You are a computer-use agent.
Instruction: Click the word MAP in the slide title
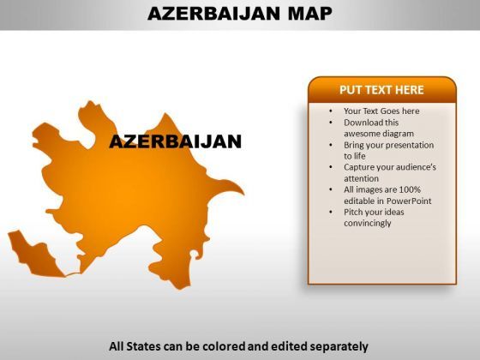point(310,14)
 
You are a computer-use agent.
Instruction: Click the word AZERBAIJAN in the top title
point(213,14)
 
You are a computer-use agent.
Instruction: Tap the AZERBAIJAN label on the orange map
point(176,141)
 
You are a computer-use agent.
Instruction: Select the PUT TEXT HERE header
point(381,90)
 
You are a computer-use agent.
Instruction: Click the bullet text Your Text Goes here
point(381,111)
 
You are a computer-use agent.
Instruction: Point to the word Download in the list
point(363,123)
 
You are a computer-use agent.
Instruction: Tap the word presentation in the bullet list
point(408,145)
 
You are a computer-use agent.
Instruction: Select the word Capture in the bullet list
point(359,167)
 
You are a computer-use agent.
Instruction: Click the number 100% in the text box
point(410,189)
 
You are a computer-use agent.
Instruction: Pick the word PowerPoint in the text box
point(409,201)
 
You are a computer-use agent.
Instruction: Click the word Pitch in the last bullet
point(353,212)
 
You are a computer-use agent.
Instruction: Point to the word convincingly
point(368,223)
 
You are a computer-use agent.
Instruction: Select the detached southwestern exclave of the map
point(34,255)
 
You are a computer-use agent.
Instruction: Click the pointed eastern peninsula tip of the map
point(243,194)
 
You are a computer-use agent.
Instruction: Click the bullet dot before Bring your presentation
point(331,145)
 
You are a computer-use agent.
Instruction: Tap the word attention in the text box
point(361,178)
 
